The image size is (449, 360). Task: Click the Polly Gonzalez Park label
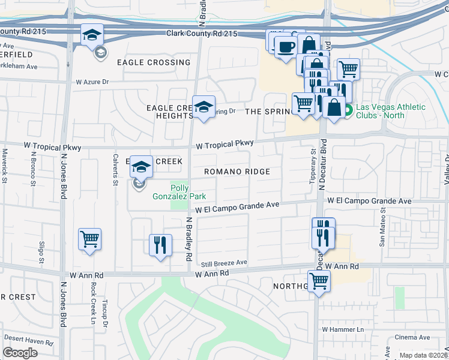pos(188,192)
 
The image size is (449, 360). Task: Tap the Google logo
pos(20,353)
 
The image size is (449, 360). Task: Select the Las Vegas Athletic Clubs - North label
pos(390,112)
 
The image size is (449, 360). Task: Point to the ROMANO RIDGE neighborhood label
pos(237,172)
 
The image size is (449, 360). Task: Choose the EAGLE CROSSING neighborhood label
pos(154,62)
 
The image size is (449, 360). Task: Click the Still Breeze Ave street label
pos(224,263)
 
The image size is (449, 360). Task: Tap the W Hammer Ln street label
pos(343,329)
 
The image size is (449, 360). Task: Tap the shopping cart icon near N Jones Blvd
pos(89,239)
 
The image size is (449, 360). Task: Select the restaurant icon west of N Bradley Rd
pos(160,244)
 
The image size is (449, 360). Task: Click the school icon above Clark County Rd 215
pos(92,35)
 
